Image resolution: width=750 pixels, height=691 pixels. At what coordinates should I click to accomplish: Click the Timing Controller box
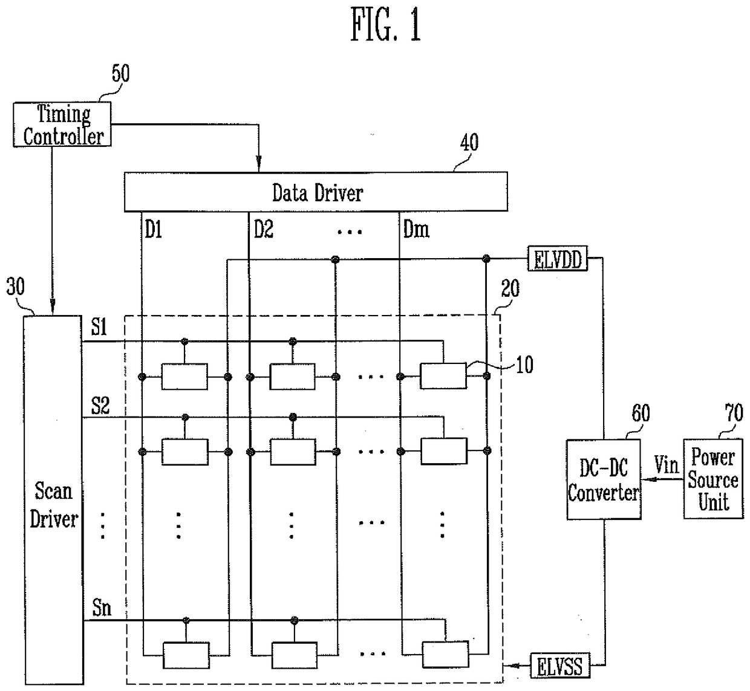[x=62, y=124]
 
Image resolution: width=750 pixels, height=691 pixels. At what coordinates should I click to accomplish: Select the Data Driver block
[x=316, y=192]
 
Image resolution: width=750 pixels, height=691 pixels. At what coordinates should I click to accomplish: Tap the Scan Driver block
[x=53, y=500]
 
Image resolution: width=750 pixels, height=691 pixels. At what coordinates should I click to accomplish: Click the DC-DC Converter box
[x=604, y=479]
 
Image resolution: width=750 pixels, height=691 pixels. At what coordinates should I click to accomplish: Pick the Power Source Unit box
[x=713, y=478]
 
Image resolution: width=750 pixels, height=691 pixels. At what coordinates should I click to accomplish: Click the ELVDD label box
[x=558, y=259]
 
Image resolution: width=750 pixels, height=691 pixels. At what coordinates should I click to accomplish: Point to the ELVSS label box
[x=560, y=666]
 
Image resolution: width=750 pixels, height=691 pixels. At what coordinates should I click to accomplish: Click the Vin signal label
[x=666, y=465]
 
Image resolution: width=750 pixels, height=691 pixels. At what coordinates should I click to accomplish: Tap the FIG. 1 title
[x=385, y=25]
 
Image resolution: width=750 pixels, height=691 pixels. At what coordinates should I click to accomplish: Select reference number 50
[x=121, y=73]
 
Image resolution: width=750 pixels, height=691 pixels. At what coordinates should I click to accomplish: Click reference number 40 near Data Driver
[x=469, y=143]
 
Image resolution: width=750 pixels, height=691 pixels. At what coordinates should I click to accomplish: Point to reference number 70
[x=734, y=413]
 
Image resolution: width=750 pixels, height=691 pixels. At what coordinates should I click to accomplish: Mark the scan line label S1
[x=99, y=327]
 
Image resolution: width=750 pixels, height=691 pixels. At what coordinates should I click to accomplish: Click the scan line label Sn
[x=102, y=608]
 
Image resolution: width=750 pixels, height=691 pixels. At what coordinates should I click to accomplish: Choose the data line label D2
[x=263, y=230]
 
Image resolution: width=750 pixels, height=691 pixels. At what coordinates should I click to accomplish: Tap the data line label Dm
[x=416, y=230]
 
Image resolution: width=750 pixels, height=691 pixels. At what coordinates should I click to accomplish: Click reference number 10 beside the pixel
[x=524, y=365]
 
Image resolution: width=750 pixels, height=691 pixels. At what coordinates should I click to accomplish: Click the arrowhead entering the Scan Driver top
[x=53, y=307]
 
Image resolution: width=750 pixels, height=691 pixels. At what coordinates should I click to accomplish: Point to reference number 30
[x=16, y=287]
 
